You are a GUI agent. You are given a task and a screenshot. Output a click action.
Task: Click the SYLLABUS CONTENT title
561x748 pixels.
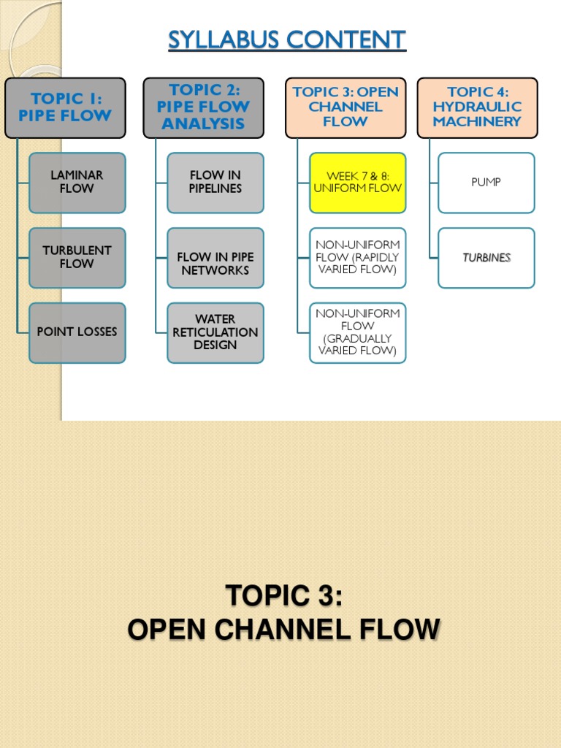tap(287, 39)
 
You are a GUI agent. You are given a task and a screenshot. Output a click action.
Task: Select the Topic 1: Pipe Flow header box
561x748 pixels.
tap(65, 107)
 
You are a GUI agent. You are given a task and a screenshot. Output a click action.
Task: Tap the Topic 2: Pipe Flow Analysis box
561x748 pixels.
tap(203, 107)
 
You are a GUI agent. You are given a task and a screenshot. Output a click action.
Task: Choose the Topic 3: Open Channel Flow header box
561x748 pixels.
tap(346, 107)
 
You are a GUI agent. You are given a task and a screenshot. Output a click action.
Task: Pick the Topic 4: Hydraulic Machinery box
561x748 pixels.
tap(477, 107)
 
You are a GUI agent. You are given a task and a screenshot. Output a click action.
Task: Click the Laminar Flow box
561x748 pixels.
tap(77, 182)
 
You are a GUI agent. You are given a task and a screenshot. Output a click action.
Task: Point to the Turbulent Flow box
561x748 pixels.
tap(77, 257)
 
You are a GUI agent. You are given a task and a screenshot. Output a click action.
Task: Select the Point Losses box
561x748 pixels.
tap(77, 332)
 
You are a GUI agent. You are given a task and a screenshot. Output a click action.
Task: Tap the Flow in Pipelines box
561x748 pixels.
tap(215, 182)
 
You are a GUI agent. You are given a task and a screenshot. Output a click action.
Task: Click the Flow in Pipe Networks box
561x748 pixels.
tap(215, 264)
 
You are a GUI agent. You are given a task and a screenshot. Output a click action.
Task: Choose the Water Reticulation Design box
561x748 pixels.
tap(215, 332)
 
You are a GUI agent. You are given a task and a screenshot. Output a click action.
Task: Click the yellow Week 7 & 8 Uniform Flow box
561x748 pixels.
tap(357, 182)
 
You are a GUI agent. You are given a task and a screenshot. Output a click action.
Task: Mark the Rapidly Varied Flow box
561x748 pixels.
tap(357, 257)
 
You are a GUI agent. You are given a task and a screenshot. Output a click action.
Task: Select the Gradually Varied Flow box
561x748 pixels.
tap(357, 332)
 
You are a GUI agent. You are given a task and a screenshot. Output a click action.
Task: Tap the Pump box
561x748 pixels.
tap(486, 182)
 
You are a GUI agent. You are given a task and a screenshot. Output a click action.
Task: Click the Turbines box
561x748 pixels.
tap(486, 258)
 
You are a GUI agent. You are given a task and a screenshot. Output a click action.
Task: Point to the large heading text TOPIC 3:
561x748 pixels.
tap(283, 595)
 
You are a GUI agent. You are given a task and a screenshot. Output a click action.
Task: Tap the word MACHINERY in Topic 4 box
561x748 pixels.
tap(477, 122)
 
